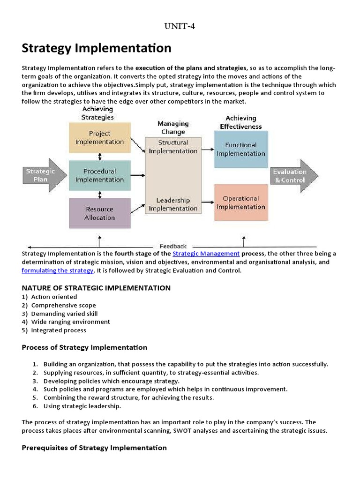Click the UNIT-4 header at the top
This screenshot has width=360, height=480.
pyautogui.click(x=180, y=26)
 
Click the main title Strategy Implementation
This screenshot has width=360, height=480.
pyautogui.click(x=97, y=48)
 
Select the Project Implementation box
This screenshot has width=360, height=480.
pyautogui.click(x=99, y=138)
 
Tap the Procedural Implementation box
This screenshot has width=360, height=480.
pyautogui.click(x=99, y=175)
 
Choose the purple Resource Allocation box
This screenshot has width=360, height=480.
pyautogui.click(x=99, y=213)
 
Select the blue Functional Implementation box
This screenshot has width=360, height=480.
pyautogui.click(x=241, y=149)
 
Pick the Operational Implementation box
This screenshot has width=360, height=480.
pyautogui.click(x=241, y=202)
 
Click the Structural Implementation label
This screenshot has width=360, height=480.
pyautogui.click(x=173, y=147)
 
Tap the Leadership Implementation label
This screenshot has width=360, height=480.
pyautogui.click(x=173, y=204)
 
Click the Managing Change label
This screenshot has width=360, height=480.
pyautogui.click(x=173, y=127)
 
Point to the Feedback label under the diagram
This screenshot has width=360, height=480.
pyautogui.click(x=173, y=246)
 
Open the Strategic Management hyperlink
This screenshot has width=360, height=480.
pyautogui.click(x=206, y=254)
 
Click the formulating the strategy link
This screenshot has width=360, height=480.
pyautogui.click(x=58, y=270)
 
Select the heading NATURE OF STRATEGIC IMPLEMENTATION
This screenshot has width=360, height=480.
pyautogui.click(x=96, y=288)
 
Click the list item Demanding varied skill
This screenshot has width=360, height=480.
pyautogui.click(x=64, y=314)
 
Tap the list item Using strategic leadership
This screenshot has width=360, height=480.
pyautogui.click(x=82, y=406)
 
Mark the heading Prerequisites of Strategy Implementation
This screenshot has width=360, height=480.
pyautogui.click(x=94, y=448)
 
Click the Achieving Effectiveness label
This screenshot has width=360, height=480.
pyautogui.click(x=241, y=122)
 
